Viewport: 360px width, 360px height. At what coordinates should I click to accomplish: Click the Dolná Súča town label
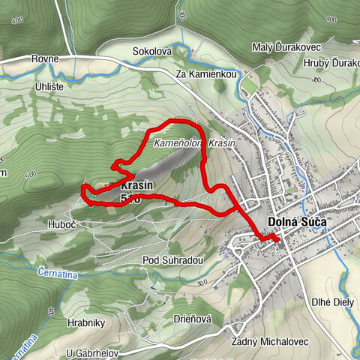click(298, 223)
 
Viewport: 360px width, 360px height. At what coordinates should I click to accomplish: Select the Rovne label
click(45, 58)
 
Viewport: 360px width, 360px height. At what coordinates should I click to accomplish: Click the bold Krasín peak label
click(136, 185)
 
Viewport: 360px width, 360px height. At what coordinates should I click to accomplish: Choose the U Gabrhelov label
click(94, 353)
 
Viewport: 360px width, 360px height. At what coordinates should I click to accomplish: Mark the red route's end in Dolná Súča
click(277, 238)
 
